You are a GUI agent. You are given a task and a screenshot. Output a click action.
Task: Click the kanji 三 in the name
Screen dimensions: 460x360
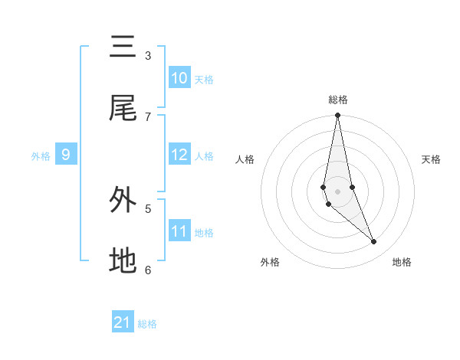tap(123, 47)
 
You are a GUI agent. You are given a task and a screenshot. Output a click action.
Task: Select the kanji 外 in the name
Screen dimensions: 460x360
tap(123, 200)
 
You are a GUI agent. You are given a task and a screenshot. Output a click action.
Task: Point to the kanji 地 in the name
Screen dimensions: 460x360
tap(123, 260)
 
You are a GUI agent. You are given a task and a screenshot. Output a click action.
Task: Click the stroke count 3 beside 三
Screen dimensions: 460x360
tap(148, 55)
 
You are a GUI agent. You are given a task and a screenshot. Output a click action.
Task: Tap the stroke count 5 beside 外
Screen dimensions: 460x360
tap(148, 208)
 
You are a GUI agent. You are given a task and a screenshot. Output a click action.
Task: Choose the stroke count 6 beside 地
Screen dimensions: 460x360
tap(148, 269)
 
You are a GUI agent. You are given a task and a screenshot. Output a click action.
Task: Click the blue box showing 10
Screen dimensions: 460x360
tap(179, 78)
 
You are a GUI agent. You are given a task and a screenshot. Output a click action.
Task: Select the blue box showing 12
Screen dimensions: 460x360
tap(179, 155)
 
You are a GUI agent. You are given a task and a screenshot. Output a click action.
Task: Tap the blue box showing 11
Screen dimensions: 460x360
tap(179, 231)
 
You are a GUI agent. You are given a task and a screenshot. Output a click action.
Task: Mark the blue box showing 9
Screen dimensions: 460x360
tap(66, 155)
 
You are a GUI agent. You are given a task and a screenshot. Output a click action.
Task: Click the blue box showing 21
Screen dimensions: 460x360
tap(123, 322)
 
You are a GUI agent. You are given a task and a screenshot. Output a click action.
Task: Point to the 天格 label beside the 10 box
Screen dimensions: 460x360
tap(204, 79)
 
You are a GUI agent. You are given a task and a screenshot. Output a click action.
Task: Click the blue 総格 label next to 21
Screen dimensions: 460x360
tap(147, 324)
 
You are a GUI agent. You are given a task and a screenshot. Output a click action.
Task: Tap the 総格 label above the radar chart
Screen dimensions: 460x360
tap(338, 100)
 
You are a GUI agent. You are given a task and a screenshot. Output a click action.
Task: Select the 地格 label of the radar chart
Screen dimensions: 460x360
tap(402, 262)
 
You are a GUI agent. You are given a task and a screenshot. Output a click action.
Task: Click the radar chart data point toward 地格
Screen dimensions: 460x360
tap(374, 241)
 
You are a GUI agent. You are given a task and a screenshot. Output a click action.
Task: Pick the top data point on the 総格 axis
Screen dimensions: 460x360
tap(337, 116)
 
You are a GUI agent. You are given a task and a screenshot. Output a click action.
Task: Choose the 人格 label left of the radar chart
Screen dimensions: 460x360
tap(245, 159)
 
